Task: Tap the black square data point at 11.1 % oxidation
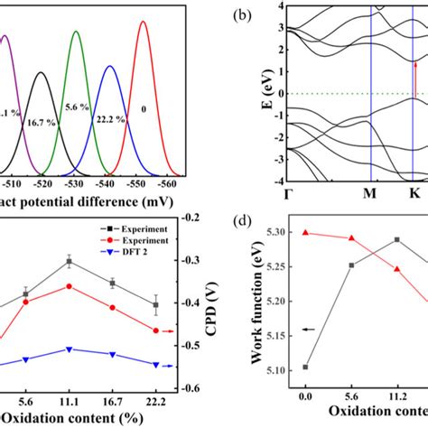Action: click(x=94, y=261)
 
